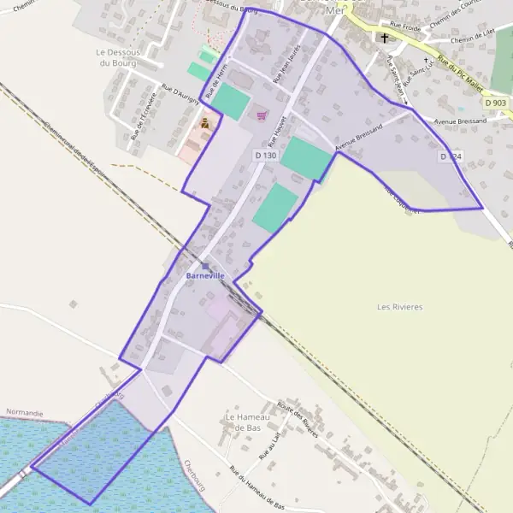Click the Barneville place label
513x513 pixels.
205,276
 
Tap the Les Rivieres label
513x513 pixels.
400,306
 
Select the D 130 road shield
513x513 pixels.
265,155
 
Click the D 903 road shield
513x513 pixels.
494,103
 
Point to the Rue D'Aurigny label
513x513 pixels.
181,95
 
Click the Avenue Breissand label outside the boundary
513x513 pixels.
460,121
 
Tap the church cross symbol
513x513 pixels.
385,38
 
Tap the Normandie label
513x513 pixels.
24,412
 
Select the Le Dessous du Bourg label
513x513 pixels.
118,56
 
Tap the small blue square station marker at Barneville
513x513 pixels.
205,267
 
